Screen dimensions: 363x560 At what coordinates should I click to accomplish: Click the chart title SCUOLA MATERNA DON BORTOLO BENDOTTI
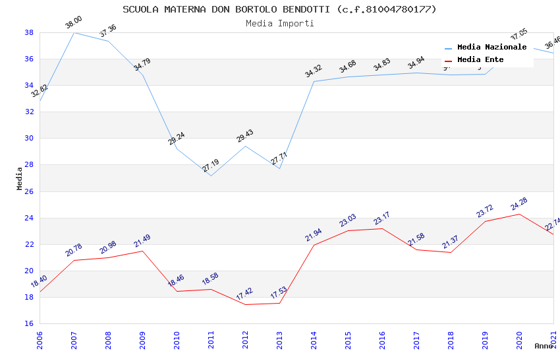pos(279,9)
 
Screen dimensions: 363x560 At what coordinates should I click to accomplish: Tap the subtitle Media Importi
pos(279,23)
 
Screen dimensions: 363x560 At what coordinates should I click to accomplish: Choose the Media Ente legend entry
pos(480,59)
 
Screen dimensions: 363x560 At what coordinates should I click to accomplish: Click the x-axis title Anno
pos(543,346)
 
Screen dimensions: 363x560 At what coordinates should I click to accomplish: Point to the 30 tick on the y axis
pos(29,139)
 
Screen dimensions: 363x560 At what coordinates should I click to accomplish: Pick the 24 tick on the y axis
pos(29,218)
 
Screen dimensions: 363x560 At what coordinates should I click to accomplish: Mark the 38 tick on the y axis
pos(29,32)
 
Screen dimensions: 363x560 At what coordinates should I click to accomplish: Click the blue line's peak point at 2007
pos(74,32)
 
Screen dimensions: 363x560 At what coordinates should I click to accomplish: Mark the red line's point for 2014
pos(314,245)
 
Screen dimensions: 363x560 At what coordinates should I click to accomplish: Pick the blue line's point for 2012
pos(245,146)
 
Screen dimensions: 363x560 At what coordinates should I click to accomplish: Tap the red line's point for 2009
pos(142,251)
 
